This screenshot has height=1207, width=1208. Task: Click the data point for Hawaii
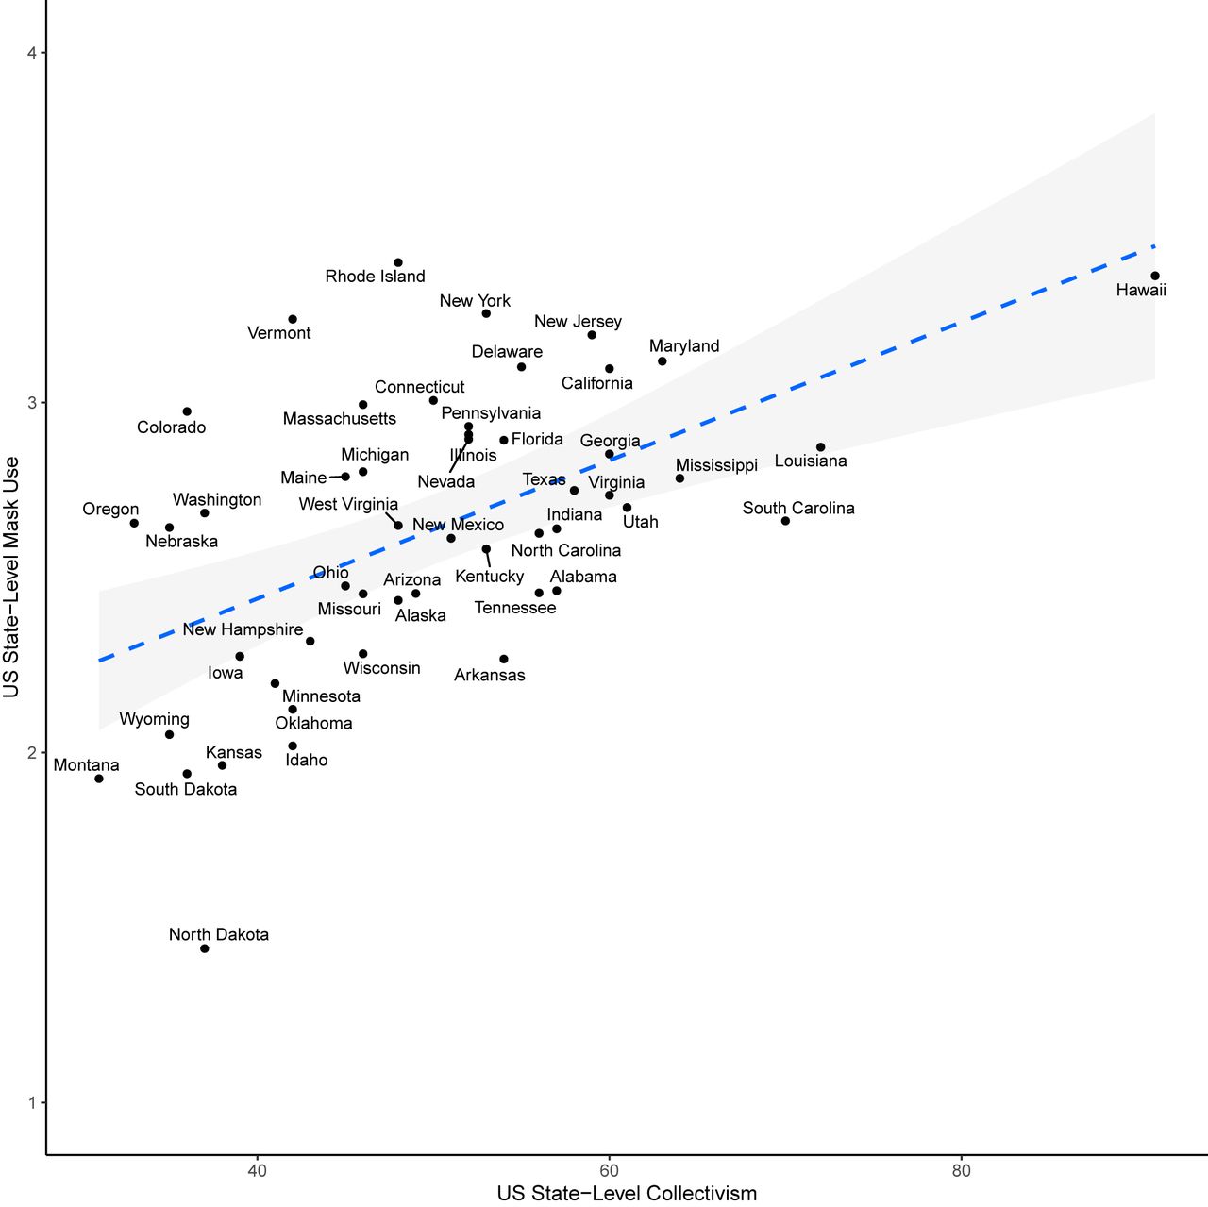[1154, 276]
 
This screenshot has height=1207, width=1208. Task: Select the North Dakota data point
[205, 948]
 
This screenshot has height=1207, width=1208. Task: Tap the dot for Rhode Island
[398, 262]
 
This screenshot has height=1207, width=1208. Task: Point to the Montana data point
[99, 779]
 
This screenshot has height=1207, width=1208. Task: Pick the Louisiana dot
[820, 447]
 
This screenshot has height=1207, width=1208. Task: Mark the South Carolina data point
[785, 521]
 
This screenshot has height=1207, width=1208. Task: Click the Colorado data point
[187, 411]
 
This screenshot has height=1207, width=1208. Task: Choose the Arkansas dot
[504, 659]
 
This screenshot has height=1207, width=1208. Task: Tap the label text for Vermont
[278, 333]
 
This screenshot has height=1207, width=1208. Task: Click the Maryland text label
[684, 346]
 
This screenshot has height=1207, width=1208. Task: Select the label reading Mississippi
[716, 465]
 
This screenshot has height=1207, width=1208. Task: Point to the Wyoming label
[154, 719]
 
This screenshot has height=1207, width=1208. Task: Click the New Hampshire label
[243, 629]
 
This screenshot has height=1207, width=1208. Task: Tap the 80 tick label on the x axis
[961, 1171]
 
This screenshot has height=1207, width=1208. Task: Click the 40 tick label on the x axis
[257, 1171]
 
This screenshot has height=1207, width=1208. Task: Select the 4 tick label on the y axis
[32, 53]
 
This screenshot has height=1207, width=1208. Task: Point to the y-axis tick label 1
[32, 1102]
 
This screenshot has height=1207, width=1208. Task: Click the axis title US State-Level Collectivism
[627, 1194]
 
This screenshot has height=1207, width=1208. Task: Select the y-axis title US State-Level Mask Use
[11, 577]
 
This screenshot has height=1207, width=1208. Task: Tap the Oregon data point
[134, 523]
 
